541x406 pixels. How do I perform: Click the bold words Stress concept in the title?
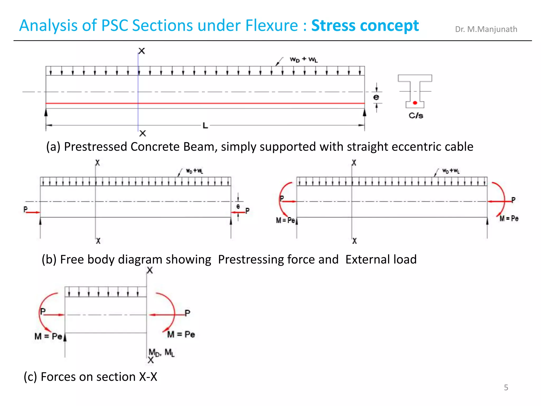(x=365, y=26)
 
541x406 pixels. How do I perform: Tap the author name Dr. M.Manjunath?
(x=486, y=29)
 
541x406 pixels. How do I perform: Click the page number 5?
(x=506, y=387)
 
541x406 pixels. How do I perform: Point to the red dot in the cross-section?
(x=415, y=103)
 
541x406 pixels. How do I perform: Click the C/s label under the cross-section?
(x=416, y=116)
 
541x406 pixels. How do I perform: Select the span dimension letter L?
(x=205, y=126)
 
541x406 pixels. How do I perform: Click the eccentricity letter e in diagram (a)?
(x=376, y=97)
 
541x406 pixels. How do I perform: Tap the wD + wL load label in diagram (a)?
(x=304, y=59)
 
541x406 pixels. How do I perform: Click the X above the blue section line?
(x=142, y=51)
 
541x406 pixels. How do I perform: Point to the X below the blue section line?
(x=143, y=133)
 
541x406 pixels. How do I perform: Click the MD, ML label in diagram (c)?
(x=161, y=352)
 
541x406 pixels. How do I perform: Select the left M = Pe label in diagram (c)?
(x=48, y=336)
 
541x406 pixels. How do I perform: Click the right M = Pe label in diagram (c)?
(x=181, y=334)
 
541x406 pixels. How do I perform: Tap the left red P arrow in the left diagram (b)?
(x=33, y=212)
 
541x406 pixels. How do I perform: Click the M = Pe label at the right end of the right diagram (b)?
(x=509, y=218)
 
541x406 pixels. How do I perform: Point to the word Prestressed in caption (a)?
(x=96, y=147)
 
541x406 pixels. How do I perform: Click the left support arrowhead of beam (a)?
(x=46, y=113)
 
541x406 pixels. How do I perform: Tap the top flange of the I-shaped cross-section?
(x=415, y=78)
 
